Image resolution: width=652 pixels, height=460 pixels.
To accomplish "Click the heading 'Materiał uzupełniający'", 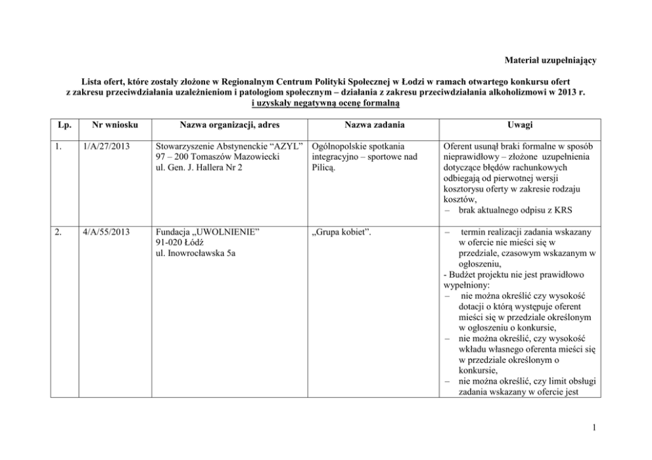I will tap(550, 61).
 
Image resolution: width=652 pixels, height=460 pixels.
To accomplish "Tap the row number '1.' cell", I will tap(60, 147).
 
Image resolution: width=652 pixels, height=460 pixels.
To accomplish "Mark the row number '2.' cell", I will tap(60, 232).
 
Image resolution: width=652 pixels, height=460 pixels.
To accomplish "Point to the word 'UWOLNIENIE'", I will tap(224, 232).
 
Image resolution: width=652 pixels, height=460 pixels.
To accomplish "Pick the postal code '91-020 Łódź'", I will tap(176, 243).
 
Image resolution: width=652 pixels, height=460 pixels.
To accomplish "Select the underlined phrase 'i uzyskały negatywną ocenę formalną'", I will tap(326, 104).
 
